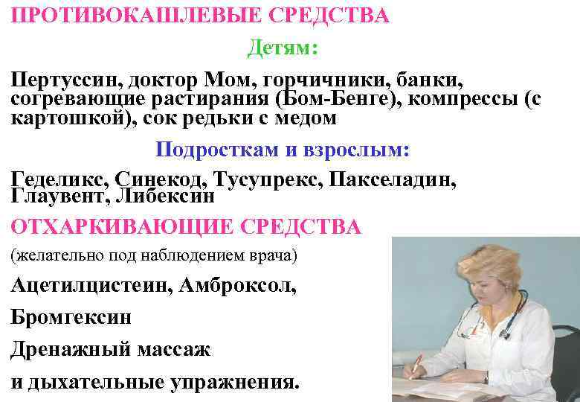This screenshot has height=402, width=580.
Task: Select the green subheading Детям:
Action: (x=282, y=49)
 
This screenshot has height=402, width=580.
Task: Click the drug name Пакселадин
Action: (x=393, y=179)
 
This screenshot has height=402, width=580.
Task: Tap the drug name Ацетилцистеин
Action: (x=88, y=287)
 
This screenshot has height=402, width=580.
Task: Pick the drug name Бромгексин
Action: (x=71, y=318)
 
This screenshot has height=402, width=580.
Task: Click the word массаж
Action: (x=172, y=349)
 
